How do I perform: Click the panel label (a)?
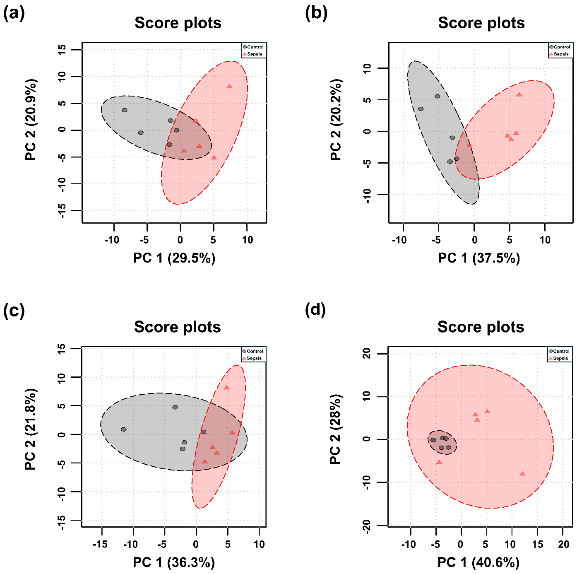[x=14, y=14]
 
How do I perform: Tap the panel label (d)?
[x=315, y=309]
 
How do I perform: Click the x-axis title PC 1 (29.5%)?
[x=174, y=258]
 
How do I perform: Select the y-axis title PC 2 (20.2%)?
[x=336, y=120]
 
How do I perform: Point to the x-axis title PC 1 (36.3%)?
[x=174, y=562]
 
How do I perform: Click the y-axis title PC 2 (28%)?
[x=335, y=429]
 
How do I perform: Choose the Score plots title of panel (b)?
[x=481, y=23]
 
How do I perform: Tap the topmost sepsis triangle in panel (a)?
[x=229, y=86]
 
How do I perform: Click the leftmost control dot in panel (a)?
[x=125, y=110]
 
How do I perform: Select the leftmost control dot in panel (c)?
[x=124, y=429]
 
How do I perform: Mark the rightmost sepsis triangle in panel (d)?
[x=522, y=473]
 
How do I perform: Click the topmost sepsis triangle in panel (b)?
[x=519, y=94]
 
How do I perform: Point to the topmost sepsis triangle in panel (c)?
[x=226, y=388]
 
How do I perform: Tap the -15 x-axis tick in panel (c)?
[x=101, y=544]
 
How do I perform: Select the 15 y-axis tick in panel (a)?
[x=62, y=50]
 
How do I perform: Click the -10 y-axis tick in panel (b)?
[x=367, y=195]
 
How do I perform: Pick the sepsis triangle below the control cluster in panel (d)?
[x=439, y=462]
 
